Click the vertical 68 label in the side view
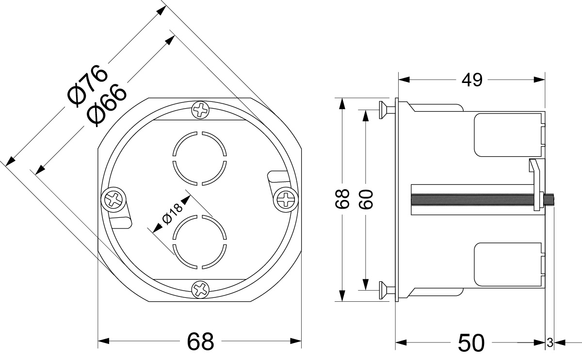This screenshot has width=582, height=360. tap(343, 198)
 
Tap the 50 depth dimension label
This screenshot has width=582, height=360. tap(471, 343)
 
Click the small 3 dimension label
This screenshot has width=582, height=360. tap(550, 343)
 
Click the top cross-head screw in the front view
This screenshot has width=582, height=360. tap(200, 110)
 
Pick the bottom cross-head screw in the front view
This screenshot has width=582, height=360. tap(200, 290)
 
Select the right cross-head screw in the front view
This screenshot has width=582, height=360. tap(286, 199)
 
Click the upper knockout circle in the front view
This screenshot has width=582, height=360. tap(199, 158)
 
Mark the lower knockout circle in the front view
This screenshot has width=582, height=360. tap(199, 241)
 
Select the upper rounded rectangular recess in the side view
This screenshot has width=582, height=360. tap(507, 134)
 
